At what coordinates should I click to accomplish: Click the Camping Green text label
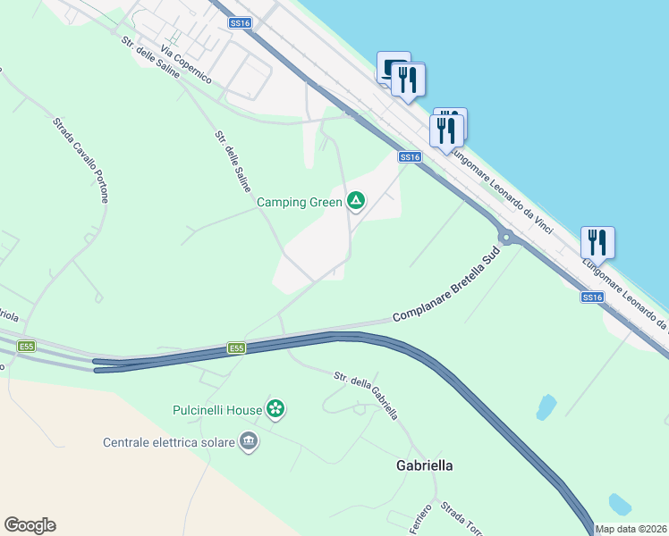(299, 202)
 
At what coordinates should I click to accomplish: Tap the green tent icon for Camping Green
(356, 201)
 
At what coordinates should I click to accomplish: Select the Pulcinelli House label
(216, 410)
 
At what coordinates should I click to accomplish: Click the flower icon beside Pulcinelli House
(276, 410)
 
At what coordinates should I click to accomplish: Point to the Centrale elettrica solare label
(168, 441)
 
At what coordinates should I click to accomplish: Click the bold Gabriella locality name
(424, 465)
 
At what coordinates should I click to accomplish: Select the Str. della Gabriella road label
(366, 397)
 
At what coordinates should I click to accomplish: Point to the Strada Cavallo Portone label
(80, 159)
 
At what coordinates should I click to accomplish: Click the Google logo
(30, 525)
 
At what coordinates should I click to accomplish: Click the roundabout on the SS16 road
(506, 238)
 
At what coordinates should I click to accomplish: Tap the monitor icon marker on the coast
(393, 67)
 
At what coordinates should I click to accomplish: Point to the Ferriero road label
(421, 520)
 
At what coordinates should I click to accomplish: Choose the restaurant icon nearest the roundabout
(597, 241)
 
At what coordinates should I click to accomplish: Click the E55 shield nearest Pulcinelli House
(235, 348)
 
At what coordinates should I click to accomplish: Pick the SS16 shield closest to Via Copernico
(240, 24)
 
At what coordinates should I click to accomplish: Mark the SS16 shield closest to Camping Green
(410, 157)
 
